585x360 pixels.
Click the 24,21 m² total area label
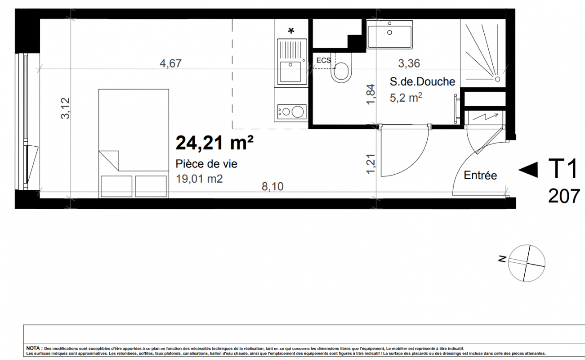click(x=214, y=143)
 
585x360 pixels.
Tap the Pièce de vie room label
click(x=206, y=164)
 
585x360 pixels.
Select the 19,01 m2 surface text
click(x=199, y=179)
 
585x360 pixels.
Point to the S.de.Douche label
click(x=422, y=82)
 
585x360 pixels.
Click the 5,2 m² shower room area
click(x=406, y=98)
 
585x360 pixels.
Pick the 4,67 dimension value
click(x=170, y=63)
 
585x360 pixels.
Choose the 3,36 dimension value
click(x=409, y=63)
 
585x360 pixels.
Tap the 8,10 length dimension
click(x=272, y=187)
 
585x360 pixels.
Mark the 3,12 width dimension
click(x=65, y=108)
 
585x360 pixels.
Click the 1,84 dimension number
click(x=371, y=94)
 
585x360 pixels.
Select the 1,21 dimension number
click(x=371, y=164)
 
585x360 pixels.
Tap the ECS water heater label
click(x=324, y=60)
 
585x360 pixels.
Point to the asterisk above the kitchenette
click(x=291, y=31)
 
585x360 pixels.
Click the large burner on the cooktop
click(x=298, y=112)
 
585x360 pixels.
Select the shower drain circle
click(x=497, y=79)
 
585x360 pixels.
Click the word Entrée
click(x=480, y=175)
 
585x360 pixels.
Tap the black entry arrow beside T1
click(x=528, y=170)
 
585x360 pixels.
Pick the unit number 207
click(x=564, y=196)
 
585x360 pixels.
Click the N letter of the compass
click(x=502, y=259)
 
